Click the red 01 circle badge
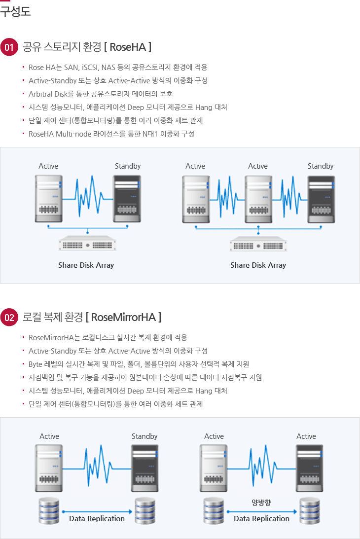9,47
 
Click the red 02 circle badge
9,317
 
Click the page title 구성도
15,11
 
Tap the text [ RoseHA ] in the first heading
128,47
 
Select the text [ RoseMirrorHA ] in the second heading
124,317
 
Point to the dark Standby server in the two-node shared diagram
127,199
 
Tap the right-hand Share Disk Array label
258,265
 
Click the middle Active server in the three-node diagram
258,199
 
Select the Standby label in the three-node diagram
321,166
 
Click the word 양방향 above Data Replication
261,503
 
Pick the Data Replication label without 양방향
97,518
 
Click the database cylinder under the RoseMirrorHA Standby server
145,511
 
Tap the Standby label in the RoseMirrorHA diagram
144,436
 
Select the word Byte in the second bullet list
36,364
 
